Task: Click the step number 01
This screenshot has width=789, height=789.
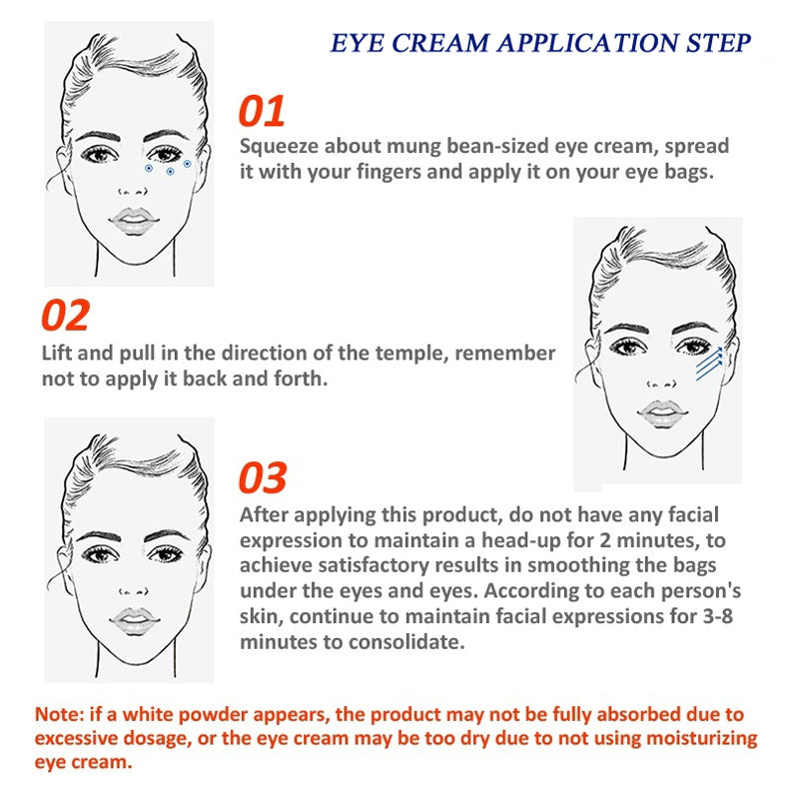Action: tap(262, 111)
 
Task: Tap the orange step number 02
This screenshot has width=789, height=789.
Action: tap(65, 315)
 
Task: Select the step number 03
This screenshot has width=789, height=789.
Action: tap(263, 477)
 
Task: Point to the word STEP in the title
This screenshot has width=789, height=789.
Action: tap(718, 43)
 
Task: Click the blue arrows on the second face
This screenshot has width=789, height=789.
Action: tap(709, 364)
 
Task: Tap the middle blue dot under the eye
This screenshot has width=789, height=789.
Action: tap(171, 172)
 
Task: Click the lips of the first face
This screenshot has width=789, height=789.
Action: tap(134, 222)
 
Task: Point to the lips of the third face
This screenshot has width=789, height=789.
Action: tap(134, 622)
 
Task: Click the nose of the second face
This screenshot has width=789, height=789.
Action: tap(662, 384)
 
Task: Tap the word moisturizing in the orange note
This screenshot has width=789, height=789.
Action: tap(701, 739)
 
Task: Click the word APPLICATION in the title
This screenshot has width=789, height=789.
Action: tap(588, 43)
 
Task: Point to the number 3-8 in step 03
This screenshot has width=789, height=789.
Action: tap(717, 616)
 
